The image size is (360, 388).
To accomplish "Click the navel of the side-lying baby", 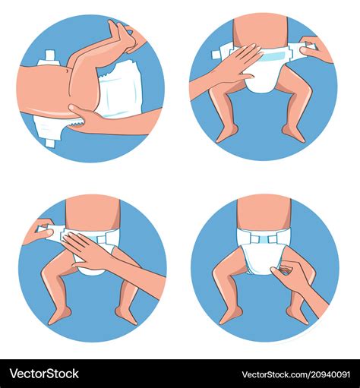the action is tap(67, 71).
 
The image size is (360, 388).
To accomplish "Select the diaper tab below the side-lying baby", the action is tap(49, 142).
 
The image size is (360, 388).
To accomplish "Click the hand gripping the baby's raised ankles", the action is tap(129, 37).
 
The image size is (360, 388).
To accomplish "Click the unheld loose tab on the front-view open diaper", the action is tap(221, 54).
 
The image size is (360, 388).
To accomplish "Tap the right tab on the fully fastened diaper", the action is tap(273, 238).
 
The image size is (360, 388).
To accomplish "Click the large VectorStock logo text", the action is tap(44, 374).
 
